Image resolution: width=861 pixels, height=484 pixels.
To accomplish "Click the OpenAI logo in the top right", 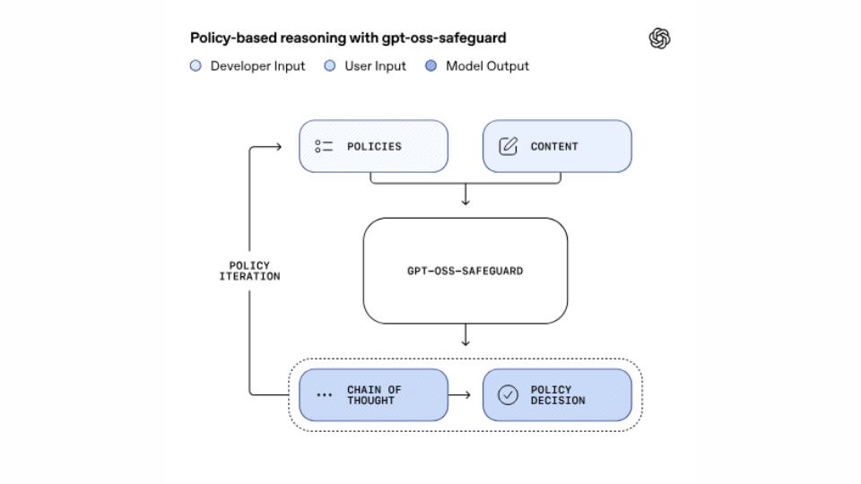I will [659, 39].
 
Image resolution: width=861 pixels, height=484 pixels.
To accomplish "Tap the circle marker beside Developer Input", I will [196, 66].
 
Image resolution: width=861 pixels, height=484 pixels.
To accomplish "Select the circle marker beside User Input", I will [330, 66].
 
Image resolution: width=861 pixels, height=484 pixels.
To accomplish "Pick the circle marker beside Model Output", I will [430, 66].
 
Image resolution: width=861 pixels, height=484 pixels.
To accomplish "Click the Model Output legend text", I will [487, 66].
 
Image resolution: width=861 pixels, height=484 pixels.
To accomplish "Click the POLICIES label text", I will [374, 147].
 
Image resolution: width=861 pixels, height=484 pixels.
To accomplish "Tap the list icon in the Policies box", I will [324, 146].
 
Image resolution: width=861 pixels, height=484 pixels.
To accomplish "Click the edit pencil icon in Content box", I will [508, 146].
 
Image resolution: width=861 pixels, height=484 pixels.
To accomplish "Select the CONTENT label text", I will [554, 147].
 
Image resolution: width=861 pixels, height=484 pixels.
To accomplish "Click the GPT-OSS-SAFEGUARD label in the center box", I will [465, 271].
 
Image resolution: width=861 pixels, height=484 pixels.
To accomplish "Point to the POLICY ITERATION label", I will [249, 272].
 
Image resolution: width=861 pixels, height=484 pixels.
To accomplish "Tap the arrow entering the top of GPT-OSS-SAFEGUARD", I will [465, 199].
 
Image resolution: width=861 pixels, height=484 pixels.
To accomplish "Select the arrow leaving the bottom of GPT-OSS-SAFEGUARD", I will [465, 339].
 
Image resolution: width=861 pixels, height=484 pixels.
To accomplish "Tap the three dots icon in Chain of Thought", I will [324, 395].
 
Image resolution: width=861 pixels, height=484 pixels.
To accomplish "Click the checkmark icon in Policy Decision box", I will [508, 395].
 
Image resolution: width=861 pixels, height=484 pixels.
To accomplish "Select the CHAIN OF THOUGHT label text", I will [374, 395].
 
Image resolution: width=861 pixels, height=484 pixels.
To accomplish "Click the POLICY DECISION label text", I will [557, 395].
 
